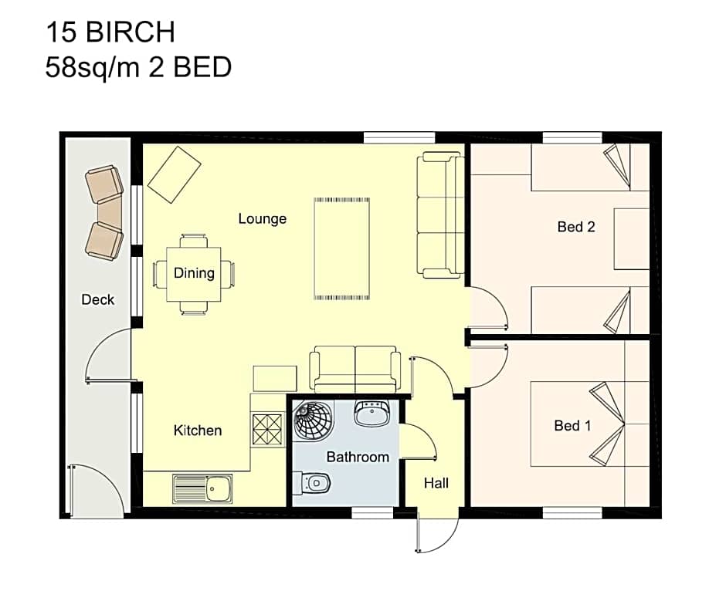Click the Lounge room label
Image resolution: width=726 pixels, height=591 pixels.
pyautogui.click(x=262, y=219)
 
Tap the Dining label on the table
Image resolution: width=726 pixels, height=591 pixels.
pyautogui.click(x=193, y=273)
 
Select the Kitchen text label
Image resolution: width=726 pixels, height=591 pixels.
pyautogui.click(x=198, y=431)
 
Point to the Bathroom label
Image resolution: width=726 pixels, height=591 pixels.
pyautogui.click(x=358, y=457)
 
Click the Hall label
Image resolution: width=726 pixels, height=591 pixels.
pyautogui.click(x=436, y=484)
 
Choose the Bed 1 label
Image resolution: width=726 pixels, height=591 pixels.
pyautogui.click(x=572, y=426)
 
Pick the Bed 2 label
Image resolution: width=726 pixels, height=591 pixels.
pyautogui.click(x=576, y=227)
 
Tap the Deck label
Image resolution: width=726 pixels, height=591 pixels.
pyautogui.click(x=98, y=300)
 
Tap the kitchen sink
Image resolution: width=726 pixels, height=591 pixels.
pyautogui.click(x=202, y=488)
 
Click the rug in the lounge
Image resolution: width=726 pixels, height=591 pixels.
pyautogui.click(x=342, y=249)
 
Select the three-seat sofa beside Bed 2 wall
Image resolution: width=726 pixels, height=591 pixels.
pyautogui.click(x=441, y=214)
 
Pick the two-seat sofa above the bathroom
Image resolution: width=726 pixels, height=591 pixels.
pyautogui.click(x=355, y=370)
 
